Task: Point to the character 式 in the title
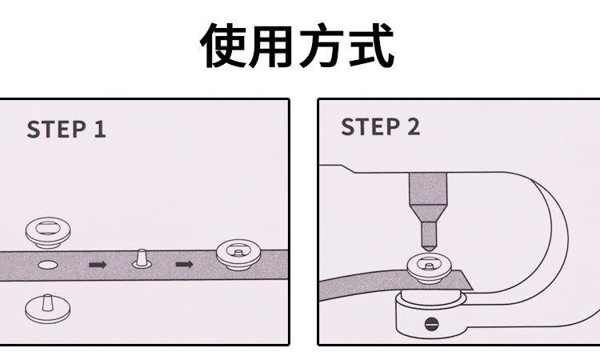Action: (x=370, y=46)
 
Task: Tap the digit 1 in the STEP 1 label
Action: (x=99, y=130)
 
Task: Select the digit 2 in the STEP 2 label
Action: (x=414, y=126)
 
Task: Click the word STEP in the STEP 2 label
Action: (x=370, y=126)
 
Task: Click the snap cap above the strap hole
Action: (x=48, y=232)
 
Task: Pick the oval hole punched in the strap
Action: (x=48, y=264)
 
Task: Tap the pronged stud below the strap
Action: (x=48, y=308)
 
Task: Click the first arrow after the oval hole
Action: (x=98, y=264)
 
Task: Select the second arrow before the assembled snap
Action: (x=185, y=264)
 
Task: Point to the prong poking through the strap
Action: (x=141, y=258)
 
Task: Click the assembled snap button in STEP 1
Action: (x=239, y=254)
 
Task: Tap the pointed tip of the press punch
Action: (x=429, y=250)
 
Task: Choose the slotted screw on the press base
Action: (x=432, y=324)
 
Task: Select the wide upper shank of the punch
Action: (x=428, y=189)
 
